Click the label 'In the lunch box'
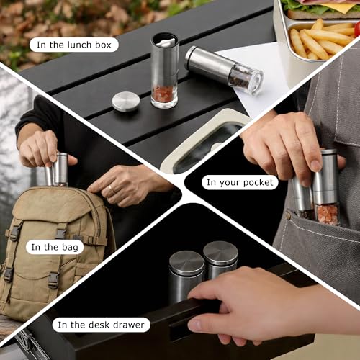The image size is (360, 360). click(x=74, y=45)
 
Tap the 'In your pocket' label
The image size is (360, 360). click(x=240, y=182)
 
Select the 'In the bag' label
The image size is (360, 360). click(x=55, y=247)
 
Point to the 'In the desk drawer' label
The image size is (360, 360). click(x=101, y=325)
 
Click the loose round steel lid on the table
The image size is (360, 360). click(x=126, y=102)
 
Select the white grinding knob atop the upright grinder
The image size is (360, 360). click(x=166, y=42)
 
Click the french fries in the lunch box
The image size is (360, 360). click(x=323, y=40)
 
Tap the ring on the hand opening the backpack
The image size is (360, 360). click(x=110, y=189)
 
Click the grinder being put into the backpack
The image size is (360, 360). click(x=57, y=169)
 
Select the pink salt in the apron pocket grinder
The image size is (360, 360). click(x=327, y=215)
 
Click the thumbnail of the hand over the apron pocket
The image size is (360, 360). click(x=316, y=165)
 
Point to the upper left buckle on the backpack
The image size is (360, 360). click(x=14, y=233)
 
